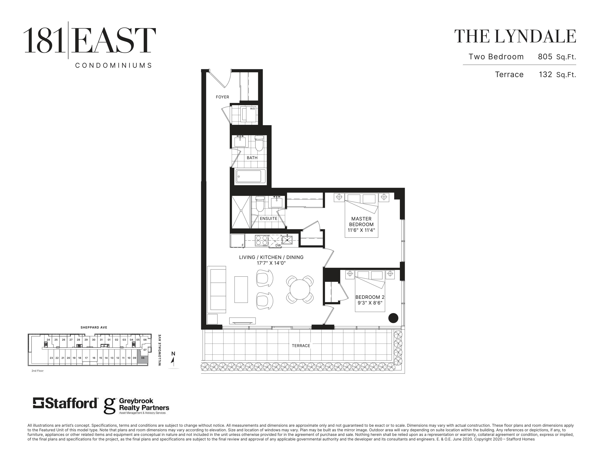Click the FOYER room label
222,97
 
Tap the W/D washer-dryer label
252,108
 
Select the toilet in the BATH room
259,143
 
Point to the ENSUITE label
268,218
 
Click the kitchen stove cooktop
261,240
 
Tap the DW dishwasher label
278,245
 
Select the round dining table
300,289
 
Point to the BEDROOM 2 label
370,297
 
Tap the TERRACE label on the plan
301,346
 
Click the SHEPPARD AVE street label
94,327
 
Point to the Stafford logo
65,403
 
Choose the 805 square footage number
545,57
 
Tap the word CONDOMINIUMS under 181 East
114,66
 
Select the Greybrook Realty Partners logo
136,406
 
